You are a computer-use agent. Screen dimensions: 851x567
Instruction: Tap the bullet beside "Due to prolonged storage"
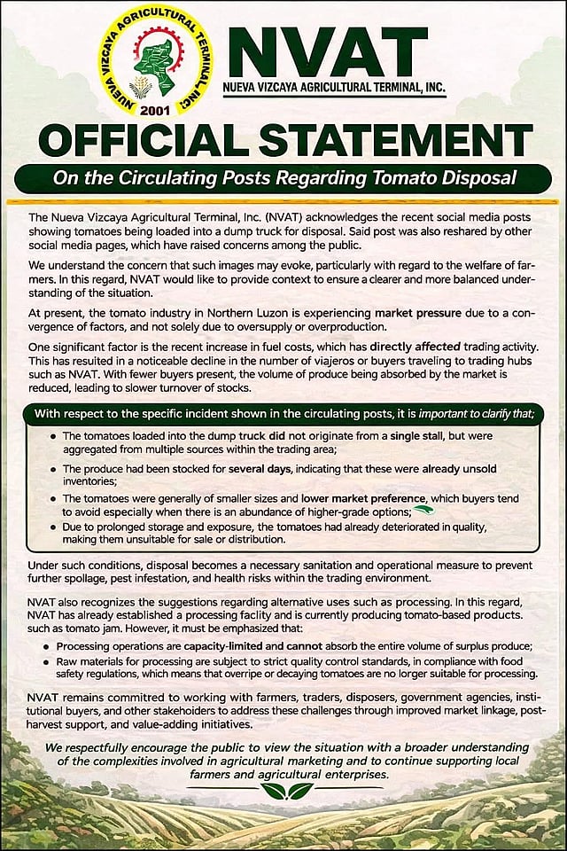pyautogui.click(x=54, y=527)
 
